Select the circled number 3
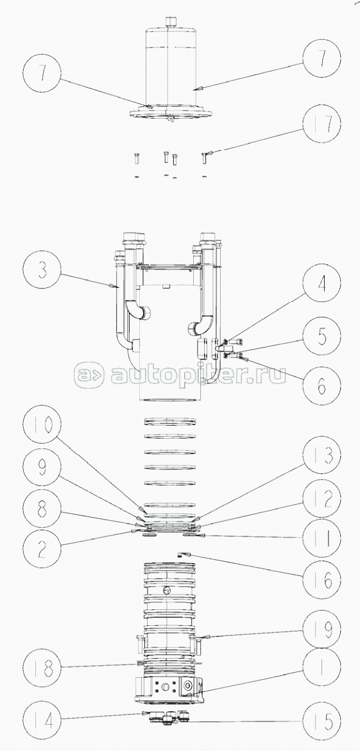[x=42, y=270]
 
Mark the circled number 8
[x=42, y=510]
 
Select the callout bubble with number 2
[x=42, y=550]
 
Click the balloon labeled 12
[x=321, y=498]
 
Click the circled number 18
[x=42, y=668]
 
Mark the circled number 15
[x=321, y=721]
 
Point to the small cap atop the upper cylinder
[x=171, y=22]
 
